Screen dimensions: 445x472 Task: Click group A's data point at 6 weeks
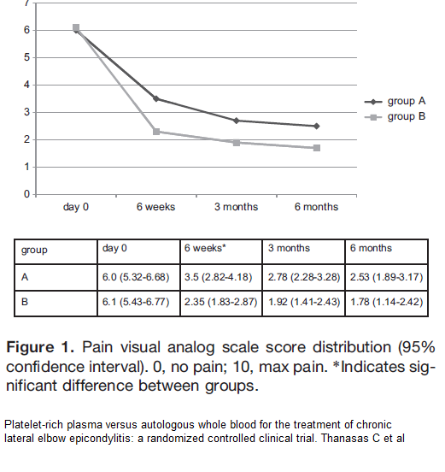156,98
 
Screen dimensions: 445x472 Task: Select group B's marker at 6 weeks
156,132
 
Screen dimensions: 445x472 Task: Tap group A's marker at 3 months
237,121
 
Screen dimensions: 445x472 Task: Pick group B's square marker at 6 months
317,148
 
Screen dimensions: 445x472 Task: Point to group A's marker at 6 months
317,127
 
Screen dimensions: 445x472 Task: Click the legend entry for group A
395,102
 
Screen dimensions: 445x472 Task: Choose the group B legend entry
395,117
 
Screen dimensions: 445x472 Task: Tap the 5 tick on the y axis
27,57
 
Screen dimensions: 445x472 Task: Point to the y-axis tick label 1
27,167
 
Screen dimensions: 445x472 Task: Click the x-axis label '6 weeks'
155,207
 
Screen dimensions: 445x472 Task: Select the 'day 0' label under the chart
76,207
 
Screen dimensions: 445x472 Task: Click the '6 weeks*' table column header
205,248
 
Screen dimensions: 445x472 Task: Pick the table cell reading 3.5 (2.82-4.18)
219,277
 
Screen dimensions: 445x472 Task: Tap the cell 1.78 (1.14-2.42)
387,302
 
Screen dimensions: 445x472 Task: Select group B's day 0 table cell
136,302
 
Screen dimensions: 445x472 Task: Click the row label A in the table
25,277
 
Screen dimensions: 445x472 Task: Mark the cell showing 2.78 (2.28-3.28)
304,277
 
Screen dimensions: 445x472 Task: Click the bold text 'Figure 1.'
40,347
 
